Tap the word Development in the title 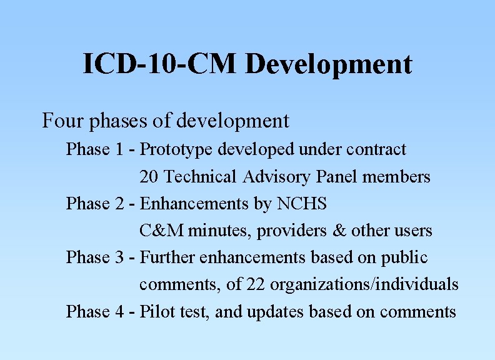[328, 65]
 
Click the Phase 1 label [95, 150]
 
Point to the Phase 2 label [95, 204]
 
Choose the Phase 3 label [95, 257]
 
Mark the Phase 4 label [95, 311]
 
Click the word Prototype [172, 150]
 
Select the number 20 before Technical [149, 177]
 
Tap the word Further [165, 257]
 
